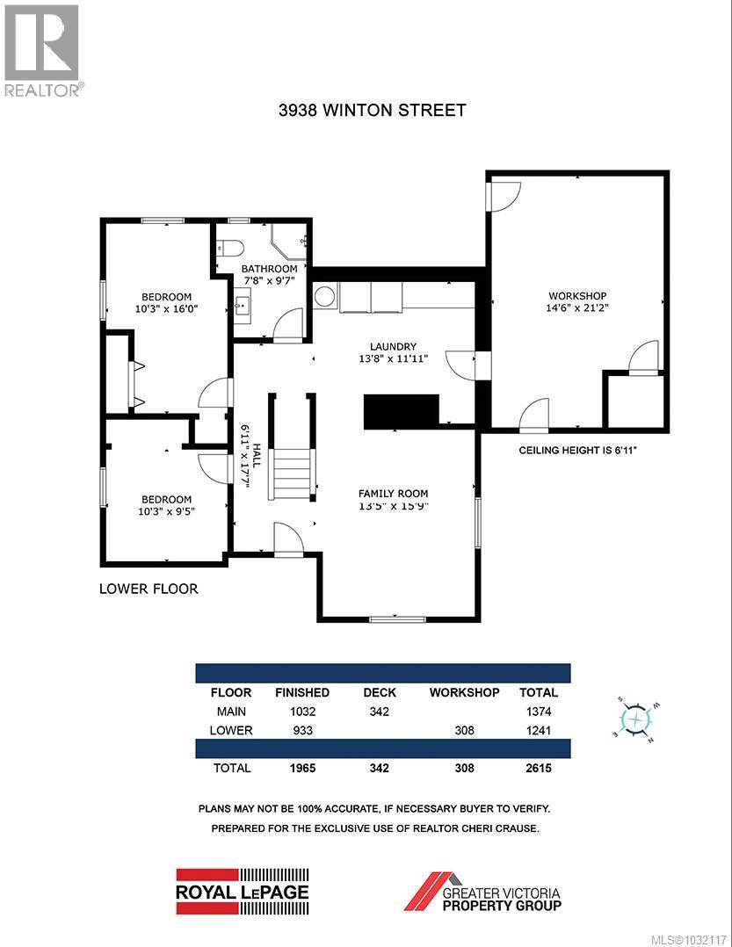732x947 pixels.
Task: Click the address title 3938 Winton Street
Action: (372, 110)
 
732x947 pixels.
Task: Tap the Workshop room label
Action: (577, 302)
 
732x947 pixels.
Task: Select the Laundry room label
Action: (393, 352)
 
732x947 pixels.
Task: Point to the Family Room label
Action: (393, 499)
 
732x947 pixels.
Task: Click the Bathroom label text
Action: (270, 275)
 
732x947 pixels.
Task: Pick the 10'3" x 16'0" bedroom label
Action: (167, 303)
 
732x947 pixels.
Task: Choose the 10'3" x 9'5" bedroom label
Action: (166, 505)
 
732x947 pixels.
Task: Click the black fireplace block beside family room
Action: (402, 411)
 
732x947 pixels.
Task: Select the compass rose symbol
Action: (636, 719)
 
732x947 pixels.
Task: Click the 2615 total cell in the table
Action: (539, 767)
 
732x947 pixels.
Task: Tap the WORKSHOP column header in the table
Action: (464, 692)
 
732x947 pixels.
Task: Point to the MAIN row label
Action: (231, 712)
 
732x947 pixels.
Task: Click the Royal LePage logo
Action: (243, 891)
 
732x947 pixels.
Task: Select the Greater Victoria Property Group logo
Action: (482, 891)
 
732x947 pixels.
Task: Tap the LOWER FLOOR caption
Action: (149, 589)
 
